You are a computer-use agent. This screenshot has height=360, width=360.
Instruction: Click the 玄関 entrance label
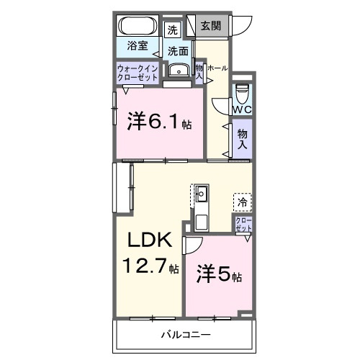pos(211,27)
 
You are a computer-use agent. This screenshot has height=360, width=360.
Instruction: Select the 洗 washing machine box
pos(171,30)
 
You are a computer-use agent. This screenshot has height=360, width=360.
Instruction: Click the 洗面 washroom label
pos(179,51)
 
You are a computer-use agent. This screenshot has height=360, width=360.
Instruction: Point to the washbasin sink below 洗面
pos(176,70)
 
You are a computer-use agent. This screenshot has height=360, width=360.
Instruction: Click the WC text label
pos(241,110)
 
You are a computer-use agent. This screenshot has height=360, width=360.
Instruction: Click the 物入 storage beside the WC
pos(242,138)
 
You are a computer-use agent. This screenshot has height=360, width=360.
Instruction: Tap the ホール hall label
pos(218,68)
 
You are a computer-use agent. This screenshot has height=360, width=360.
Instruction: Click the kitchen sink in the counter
pos(202,193)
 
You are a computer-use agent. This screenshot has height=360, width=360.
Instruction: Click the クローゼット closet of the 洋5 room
pos(243,223)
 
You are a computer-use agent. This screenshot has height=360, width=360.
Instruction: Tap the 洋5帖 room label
pos(219,274)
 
